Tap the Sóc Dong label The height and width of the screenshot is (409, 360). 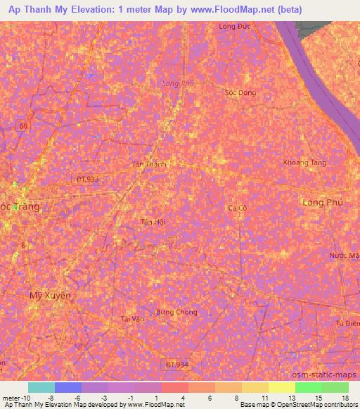click(240, 93)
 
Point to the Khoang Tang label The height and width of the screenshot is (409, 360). click(304, 162)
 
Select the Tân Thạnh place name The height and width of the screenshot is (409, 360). click(150, 164)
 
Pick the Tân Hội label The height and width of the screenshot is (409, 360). click(153, 221)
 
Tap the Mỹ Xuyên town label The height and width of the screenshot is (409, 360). click(50, 296)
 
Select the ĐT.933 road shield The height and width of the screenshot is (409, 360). click(87, 179)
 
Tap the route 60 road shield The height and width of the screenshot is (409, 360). click(24, 125)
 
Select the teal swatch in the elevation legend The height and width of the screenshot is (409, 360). click(41, 387)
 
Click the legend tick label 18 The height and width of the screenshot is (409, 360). click(345, 397)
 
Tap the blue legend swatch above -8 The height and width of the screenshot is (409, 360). click(68, 387)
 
